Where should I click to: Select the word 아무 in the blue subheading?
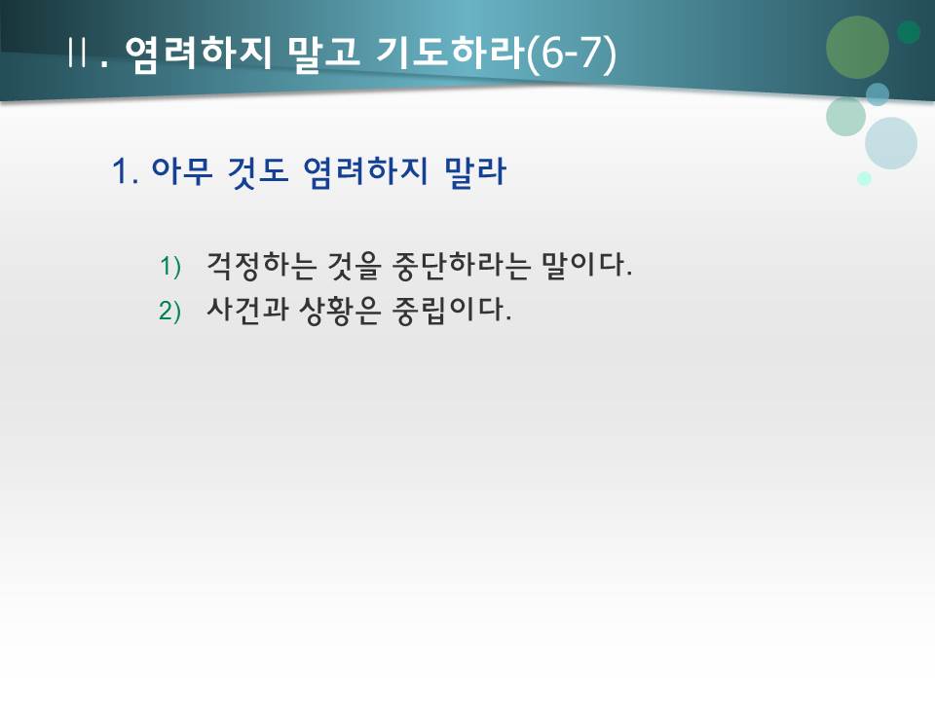coord(181,173)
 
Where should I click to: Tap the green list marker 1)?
coord(170,266)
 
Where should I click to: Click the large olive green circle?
coord(857,47)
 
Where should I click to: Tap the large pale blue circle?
coord(890,143)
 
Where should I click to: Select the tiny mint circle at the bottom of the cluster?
coord(864,179)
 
